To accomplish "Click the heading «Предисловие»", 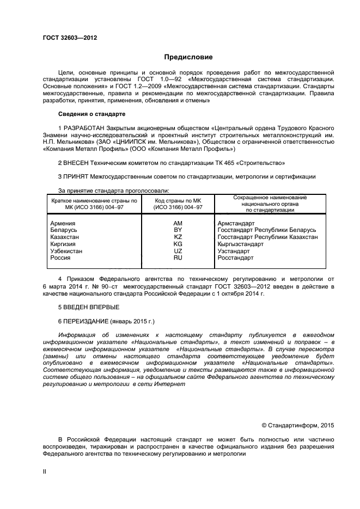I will coord(188,57).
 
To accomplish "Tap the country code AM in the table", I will coord(178,223).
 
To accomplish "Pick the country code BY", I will coord(178,230).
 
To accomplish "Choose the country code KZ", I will coord(178,237).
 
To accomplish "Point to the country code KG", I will coord(178,244).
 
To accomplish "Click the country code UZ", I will coord(178,251).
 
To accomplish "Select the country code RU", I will coord(178,258).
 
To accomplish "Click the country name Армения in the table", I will coord(63,223).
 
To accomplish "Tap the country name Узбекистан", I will coord(66,251).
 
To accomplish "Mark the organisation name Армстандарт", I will coord(236,223).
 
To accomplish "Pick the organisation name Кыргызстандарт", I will coord(241,244).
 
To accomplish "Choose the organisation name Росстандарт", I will coord(235,258).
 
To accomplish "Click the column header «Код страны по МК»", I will coord(178,200).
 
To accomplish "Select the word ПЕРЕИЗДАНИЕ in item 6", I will coord(86,321).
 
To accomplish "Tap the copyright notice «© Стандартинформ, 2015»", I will coord(297,425).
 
